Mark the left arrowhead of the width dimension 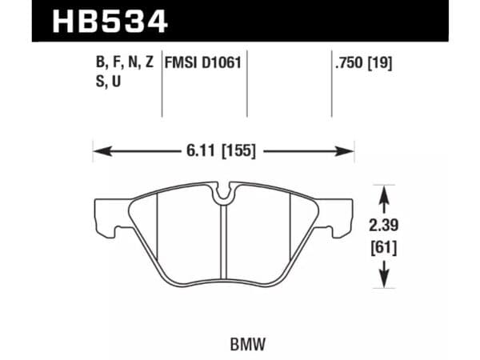pos(98,150)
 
